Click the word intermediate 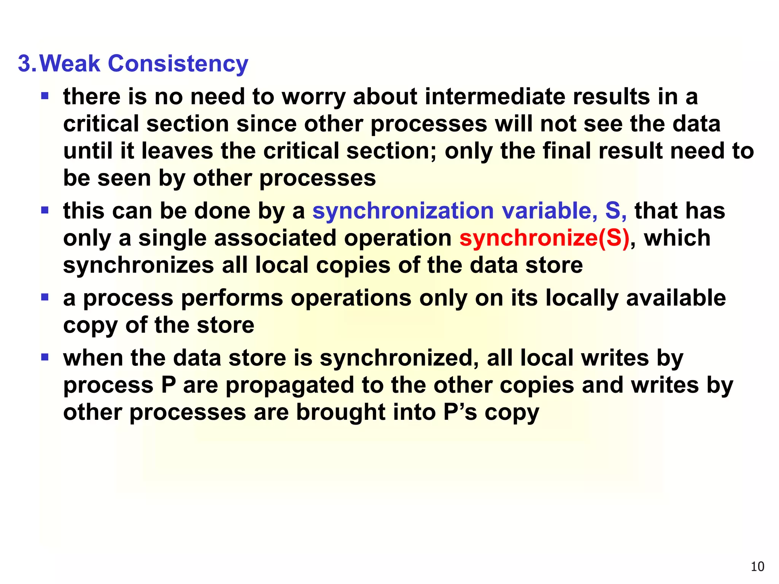pos(494,97)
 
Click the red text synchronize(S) pos(544,238)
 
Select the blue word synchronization pos(403,211)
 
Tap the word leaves pos(177,151)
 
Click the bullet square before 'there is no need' pos(45,95)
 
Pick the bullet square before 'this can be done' pos(45,210)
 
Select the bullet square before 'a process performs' pos(45,297)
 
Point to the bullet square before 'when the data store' pos(45,357)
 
